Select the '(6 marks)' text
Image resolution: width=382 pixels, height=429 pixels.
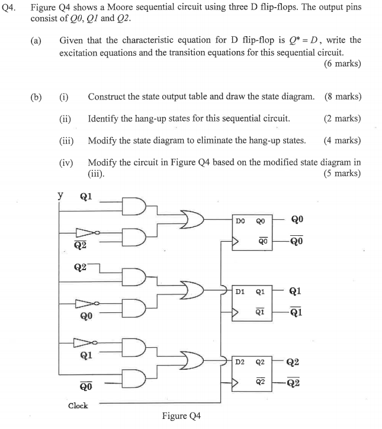342,63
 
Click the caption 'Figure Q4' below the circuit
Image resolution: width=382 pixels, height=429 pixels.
181,416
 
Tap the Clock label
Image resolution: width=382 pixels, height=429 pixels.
78,406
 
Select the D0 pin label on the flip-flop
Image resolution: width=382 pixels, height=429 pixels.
240,220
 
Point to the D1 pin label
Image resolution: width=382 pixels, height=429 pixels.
240,292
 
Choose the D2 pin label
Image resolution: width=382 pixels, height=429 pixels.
240,361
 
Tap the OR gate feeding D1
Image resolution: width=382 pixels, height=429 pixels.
193,291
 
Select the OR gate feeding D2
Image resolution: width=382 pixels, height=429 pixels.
193,361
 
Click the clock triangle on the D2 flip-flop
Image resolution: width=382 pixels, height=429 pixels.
235,383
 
